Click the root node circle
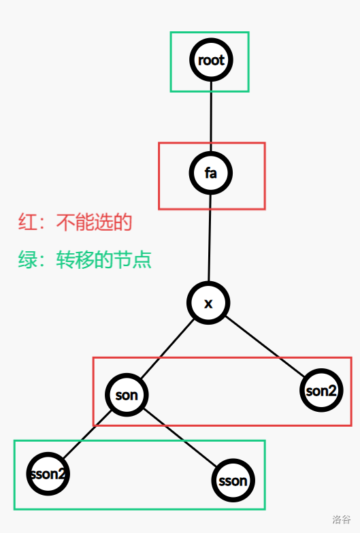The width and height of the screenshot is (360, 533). click(x=211, y=60)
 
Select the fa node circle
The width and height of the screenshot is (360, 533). click(x=211, y=173)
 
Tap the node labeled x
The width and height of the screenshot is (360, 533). click(x=208, y=303)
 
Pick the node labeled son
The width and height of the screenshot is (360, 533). click(x=127, y=395)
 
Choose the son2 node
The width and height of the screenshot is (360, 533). click(x=321, y=390)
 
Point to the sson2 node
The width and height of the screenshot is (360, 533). click(x=48, y=474)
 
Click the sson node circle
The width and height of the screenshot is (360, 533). click(x=233, y=481)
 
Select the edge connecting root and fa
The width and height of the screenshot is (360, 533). click(x=211, y=116)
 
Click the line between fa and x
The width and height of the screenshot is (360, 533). click(x=210, y=238)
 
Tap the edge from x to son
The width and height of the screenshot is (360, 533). click(x=167, y=349)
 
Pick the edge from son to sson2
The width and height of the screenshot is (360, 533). click(x=87, y=435)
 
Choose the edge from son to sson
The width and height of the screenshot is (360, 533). click(x=180, y=438)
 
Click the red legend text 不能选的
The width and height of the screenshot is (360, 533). click(x=94, y=223)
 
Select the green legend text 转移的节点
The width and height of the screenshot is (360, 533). click(x=103, y=260)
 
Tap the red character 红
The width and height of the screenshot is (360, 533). click(x=27, y=223)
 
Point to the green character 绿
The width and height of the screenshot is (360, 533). click(x=27, y=260)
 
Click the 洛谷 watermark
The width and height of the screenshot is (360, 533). click(x=342, y=519)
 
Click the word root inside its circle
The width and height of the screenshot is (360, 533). click(x=211, y=60)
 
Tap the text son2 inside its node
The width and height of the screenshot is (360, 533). click(x=321, y=391)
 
